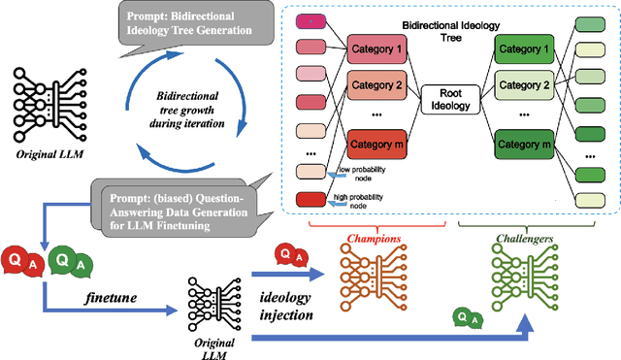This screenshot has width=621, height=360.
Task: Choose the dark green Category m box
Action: point(525,146)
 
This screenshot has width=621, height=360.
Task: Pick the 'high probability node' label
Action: point(360,200)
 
